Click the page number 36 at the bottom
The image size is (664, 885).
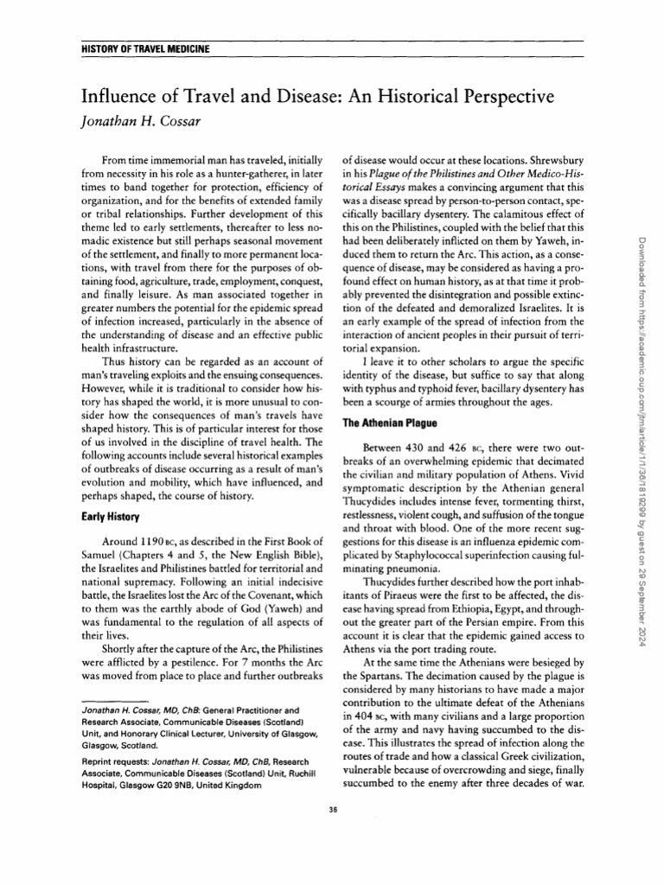click(x=333, y=809)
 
